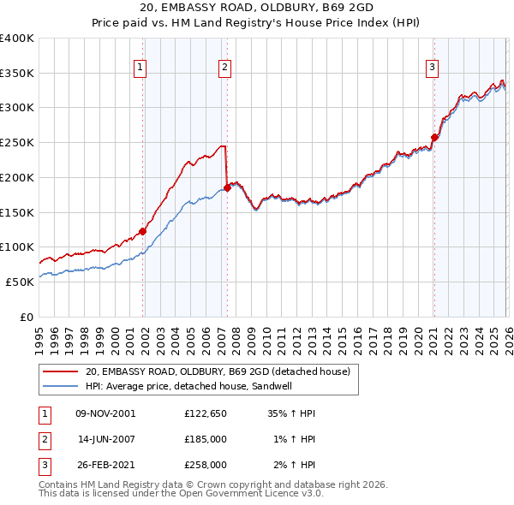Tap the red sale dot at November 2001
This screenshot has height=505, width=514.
point(143,231)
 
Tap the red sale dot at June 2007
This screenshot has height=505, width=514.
point(228,187)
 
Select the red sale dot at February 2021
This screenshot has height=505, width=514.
point(434,137)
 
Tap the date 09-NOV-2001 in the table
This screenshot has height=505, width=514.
point(105,413)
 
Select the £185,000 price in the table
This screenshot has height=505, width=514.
point(205,439)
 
